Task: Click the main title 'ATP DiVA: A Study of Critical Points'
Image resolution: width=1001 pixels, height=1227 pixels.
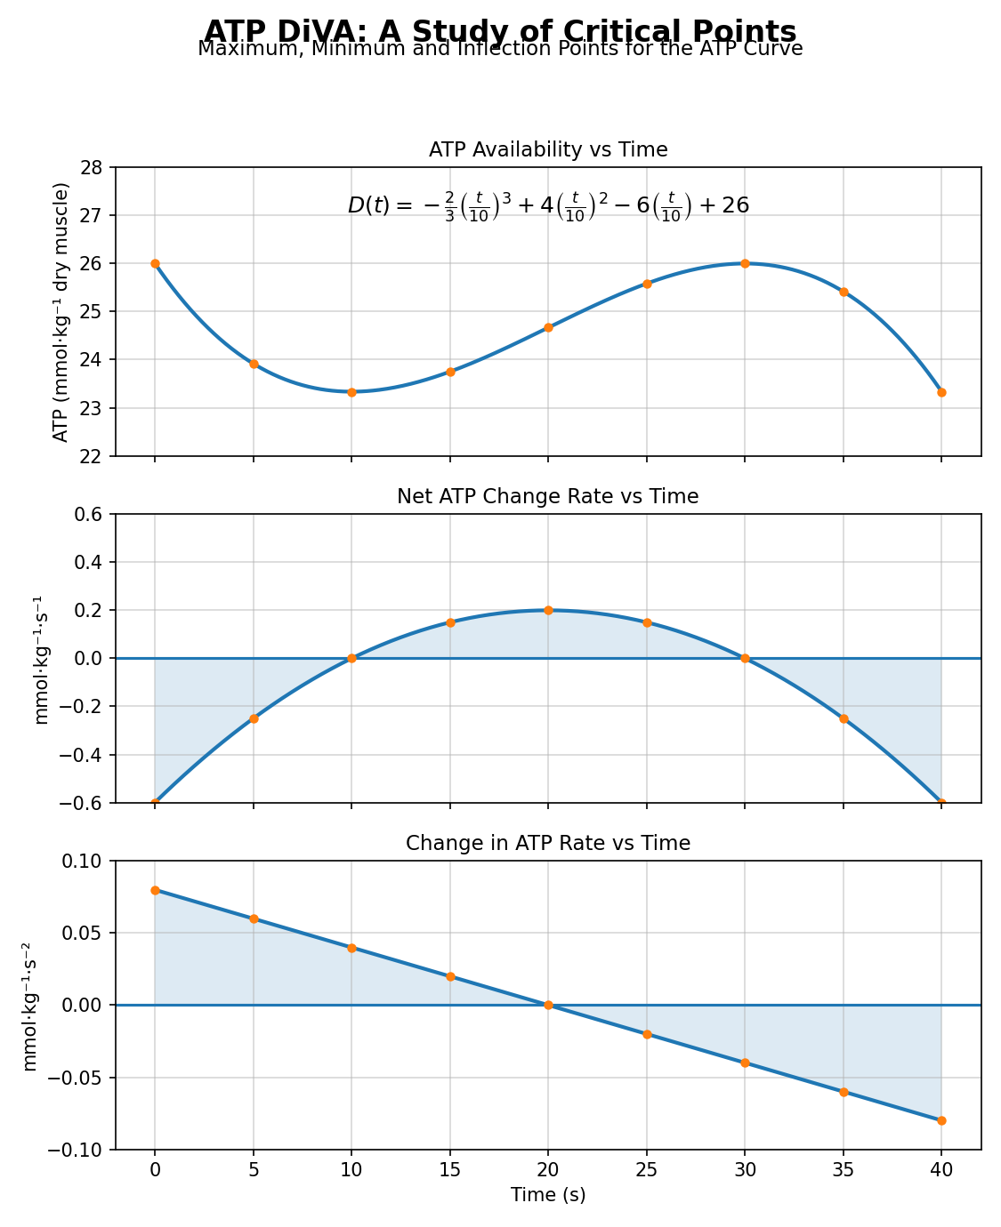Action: coord(500,31)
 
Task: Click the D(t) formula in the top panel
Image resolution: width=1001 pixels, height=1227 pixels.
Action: coord(548,206)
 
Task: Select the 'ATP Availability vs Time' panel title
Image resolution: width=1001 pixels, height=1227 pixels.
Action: coord(548,149)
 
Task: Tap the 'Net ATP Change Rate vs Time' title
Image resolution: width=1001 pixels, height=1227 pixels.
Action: coord(548,496)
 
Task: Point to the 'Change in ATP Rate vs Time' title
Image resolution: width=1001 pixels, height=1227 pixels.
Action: coord(548,843)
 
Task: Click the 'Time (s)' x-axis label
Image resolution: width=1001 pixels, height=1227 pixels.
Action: coord(548,1195)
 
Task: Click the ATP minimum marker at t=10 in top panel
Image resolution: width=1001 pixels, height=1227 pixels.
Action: coord(351,392)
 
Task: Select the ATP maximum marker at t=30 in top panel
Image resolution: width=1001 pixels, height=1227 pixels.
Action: coord(745,263)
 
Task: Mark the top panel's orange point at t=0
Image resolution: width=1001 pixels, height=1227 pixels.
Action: coord(155,263)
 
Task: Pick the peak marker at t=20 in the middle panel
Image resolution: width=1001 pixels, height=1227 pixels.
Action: coord(548,610)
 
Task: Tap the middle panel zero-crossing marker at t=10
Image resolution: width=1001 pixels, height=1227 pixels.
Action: coord(351,658)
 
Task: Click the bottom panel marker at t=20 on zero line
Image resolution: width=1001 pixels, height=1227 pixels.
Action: coord(548,1005)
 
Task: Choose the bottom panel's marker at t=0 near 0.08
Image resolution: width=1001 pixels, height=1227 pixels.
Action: coord(155,890)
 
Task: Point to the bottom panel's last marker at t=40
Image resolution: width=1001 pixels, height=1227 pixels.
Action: coord(941,1120)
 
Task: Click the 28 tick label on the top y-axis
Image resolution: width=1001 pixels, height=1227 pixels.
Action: coord(93,167)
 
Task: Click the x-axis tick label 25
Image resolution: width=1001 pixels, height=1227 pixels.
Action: coord(647,1170)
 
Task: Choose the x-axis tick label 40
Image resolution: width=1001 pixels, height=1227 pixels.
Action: coord(941,1170)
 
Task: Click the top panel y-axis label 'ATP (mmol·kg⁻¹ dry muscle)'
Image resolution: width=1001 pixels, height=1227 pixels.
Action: coord(61,311)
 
